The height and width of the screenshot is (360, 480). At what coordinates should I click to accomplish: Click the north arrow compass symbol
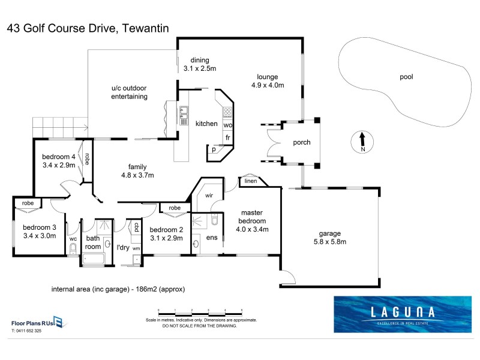362,142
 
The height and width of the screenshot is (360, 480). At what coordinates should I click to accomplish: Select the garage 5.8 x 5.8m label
330,238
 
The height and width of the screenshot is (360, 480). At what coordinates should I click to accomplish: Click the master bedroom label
252,221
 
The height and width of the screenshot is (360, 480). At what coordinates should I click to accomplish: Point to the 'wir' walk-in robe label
209,196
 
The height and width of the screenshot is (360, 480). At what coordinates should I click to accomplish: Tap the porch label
301,142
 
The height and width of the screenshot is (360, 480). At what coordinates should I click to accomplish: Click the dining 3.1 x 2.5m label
199,64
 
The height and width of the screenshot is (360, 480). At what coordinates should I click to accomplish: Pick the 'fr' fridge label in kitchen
228,137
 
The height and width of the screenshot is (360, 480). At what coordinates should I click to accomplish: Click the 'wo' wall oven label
228,125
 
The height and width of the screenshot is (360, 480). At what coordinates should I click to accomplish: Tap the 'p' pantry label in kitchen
213,150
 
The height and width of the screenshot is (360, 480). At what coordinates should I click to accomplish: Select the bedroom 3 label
39,232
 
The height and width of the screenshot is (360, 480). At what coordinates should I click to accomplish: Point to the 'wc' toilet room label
73,239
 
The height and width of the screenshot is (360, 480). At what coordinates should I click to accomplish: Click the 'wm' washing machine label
136,248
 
